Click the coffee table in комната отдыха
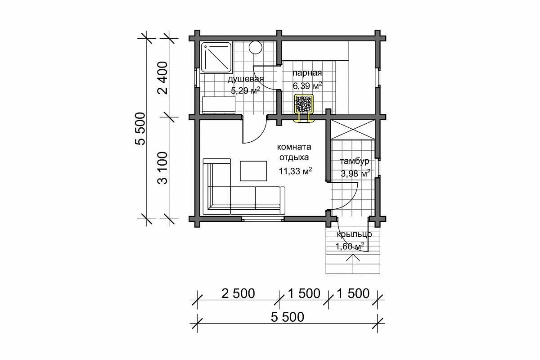coord(253,171)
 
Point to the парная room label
coord(307,73)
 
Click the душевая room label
coord(246,79)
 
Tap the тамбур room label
coord(355,161)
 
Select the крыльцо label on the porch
coord(354,234)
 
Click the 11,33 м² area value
coord(295,171)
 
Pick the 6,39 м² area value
coord(307,85)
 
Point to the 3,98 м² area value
coord(355,173)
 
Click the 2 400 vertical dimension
coord(162,78)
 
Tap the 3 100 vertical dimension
coord(162,168)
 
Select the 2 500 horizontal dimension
coord(238,293)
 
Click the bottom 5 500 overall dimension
coord(288,317)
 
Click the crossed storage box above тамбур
coord(353,130)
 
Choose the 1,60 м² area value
coord(350,247)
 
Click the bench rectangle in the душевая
coord(218,105)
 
